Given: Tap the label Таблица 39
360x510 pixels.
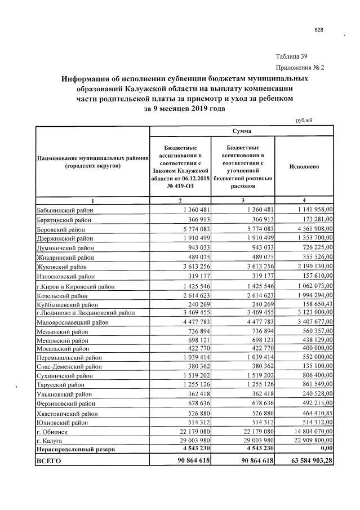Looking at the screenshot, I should pos(291,56).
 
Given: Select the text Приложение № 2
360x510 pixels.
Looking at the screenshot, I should pos(299,68).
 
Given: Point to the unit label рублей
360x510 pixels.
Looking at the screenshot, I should pos(304,120).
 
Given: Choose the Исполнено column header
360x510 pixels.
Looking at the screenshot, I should pos(304,167).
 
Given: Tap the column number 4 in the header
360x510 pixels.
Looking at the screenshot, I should pos(304,201).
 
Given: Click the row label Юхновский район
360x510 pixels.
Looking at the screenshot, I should pos(64,423).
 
